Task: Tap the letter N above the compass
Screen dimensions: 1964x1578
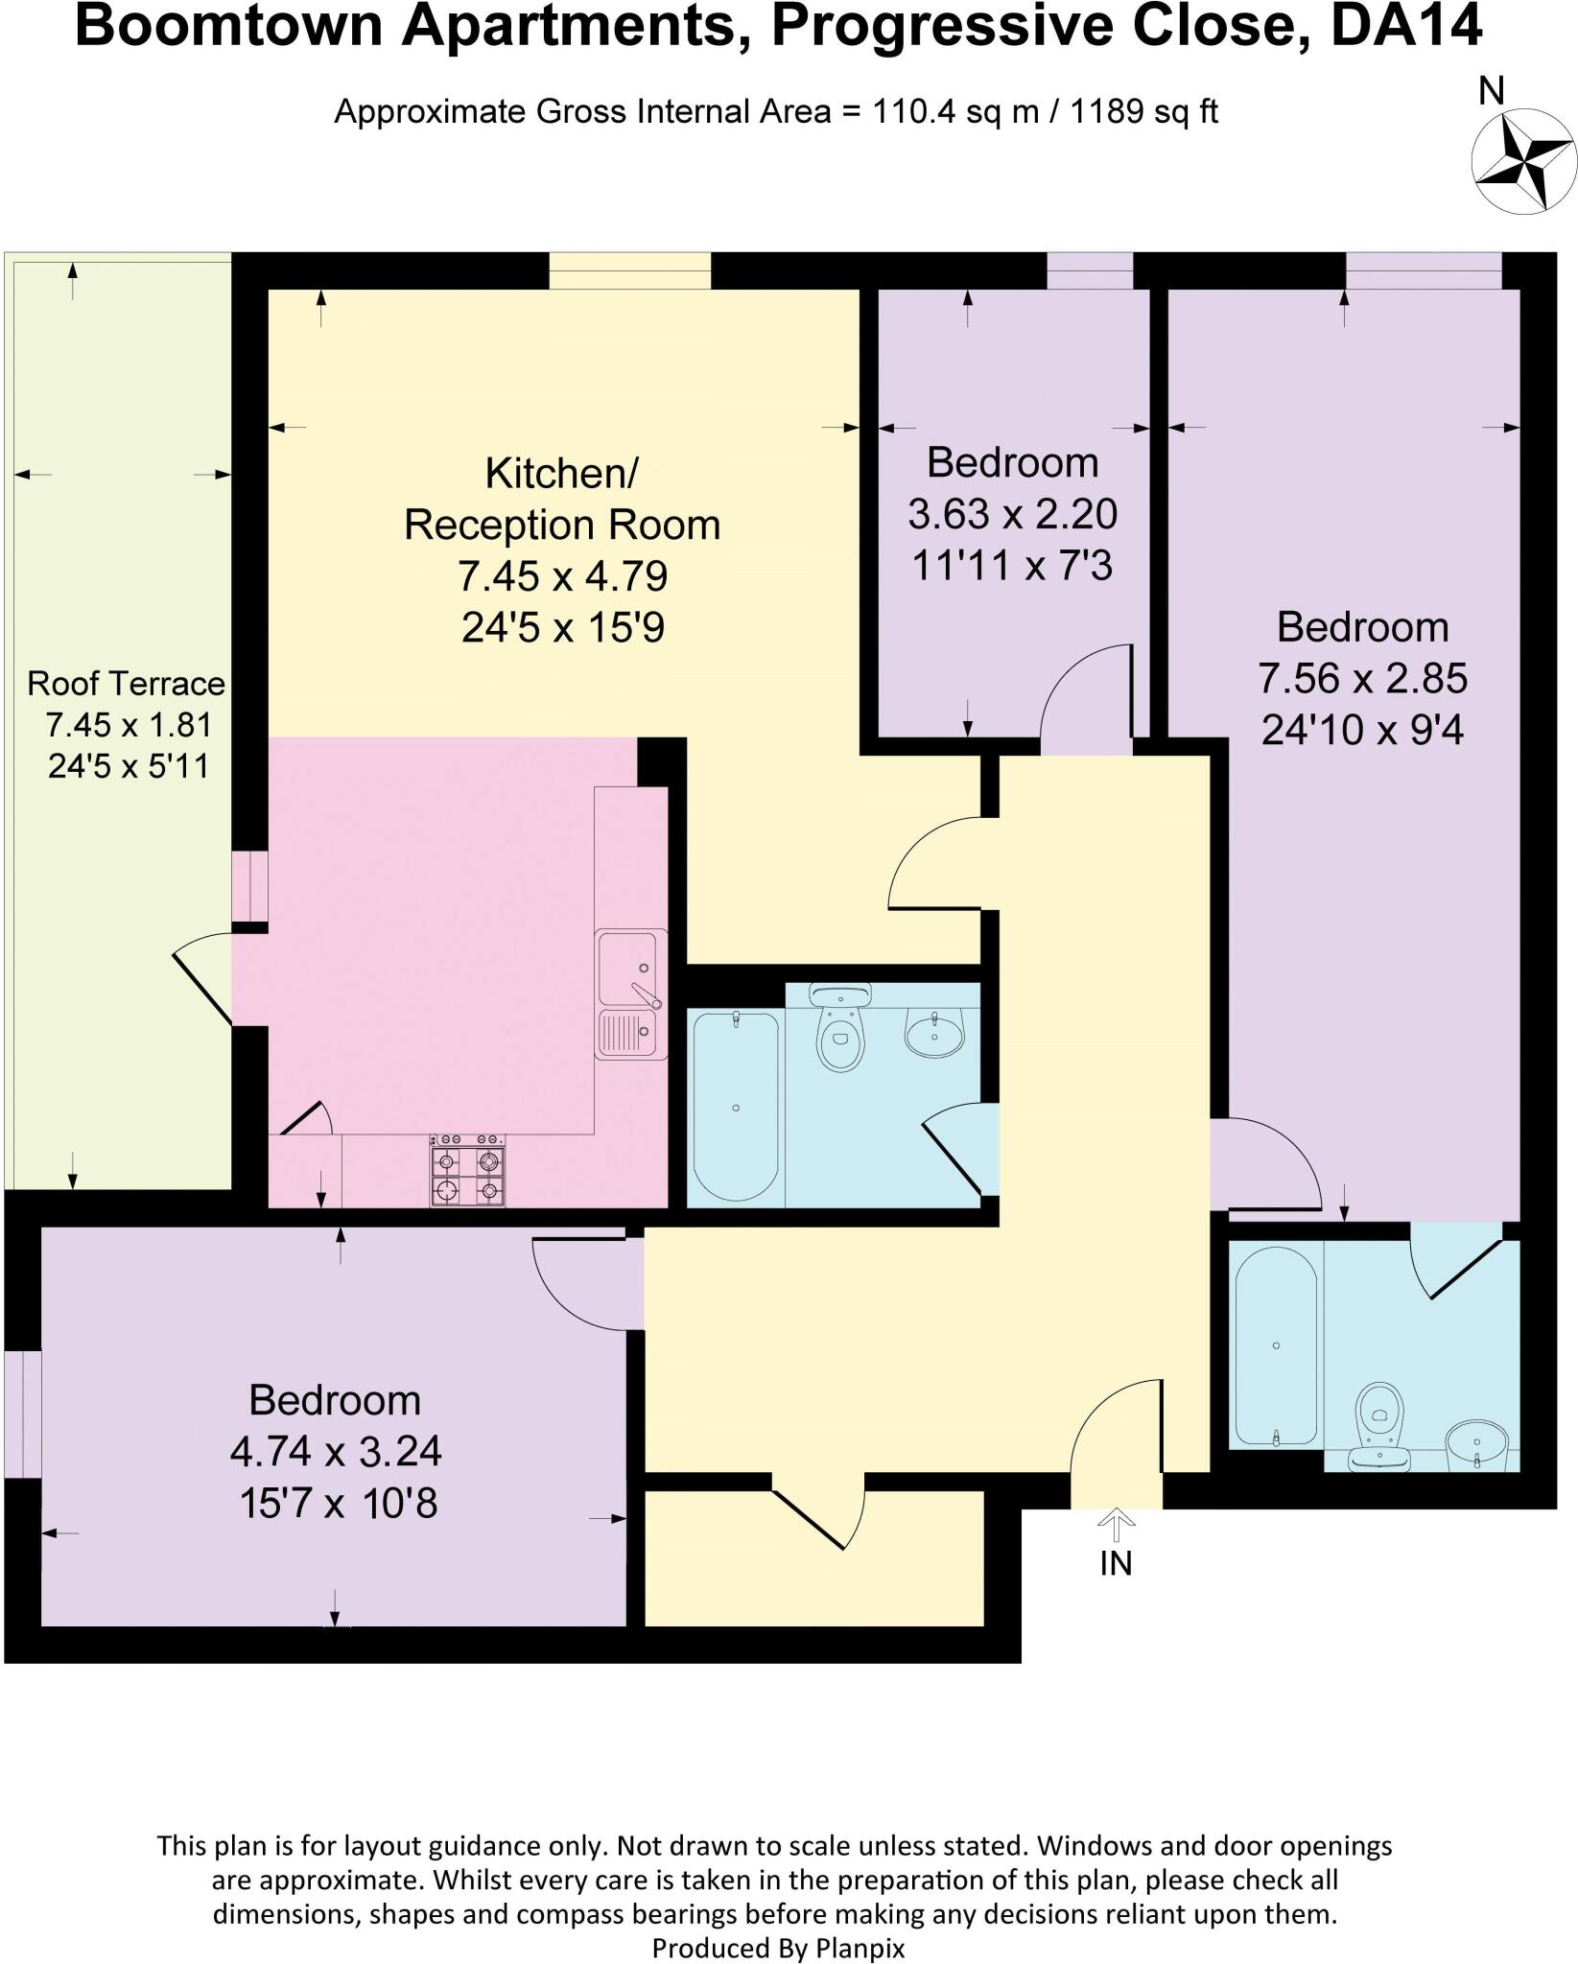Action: click(1492, 91)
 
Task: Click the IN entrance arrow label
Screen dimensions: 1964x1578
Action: click(1116, 1563)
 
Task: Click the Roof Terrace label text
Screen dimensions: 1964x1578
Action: click(126, 684)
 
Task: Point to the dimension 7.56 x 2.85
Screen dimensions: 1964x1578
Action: click(1362, 679)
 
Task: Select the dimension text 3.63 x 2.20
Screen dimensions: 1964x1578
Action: click(1012, 514)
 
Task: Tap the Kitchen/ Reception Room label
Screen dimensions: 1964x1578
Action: click(562, 499)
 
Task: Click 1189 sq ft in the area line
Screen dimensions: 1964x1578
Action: click(1143, 112)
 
